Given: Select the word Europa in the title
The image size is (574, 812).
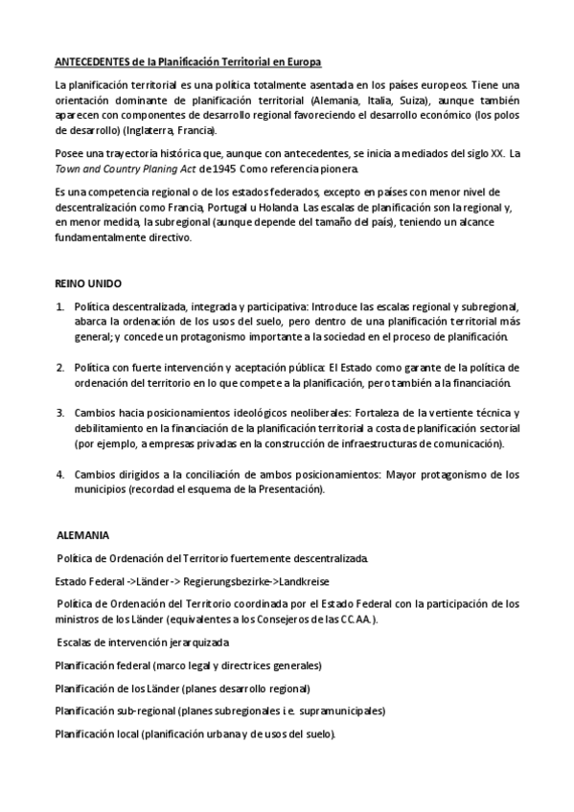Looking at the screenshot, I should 302,61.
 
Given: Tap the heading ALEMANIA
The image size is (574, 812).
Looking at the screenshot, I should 83,533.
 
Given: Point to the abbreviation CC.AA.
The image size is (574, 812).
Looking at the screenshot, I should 354,619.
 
